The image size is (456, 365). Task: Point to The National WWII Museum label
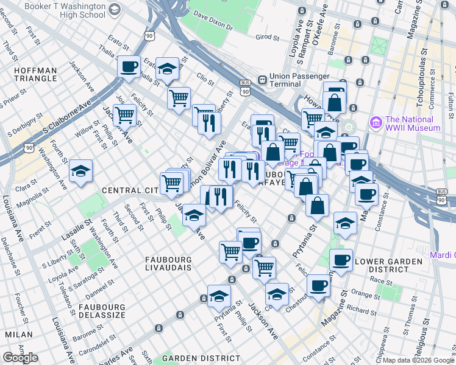tap(412, 124)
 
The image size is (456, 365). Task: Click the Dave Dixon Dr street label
tap(213, 26)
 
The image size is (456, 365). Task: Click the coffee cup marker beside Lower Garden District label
tap(341, 260)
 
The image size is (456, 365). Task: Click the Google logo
tap(20, 358)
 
